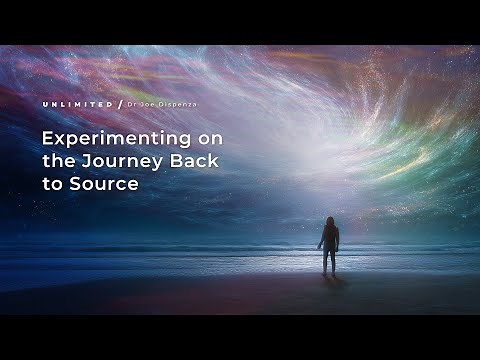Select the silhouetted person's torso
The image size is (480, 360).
tap(328, 237)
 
